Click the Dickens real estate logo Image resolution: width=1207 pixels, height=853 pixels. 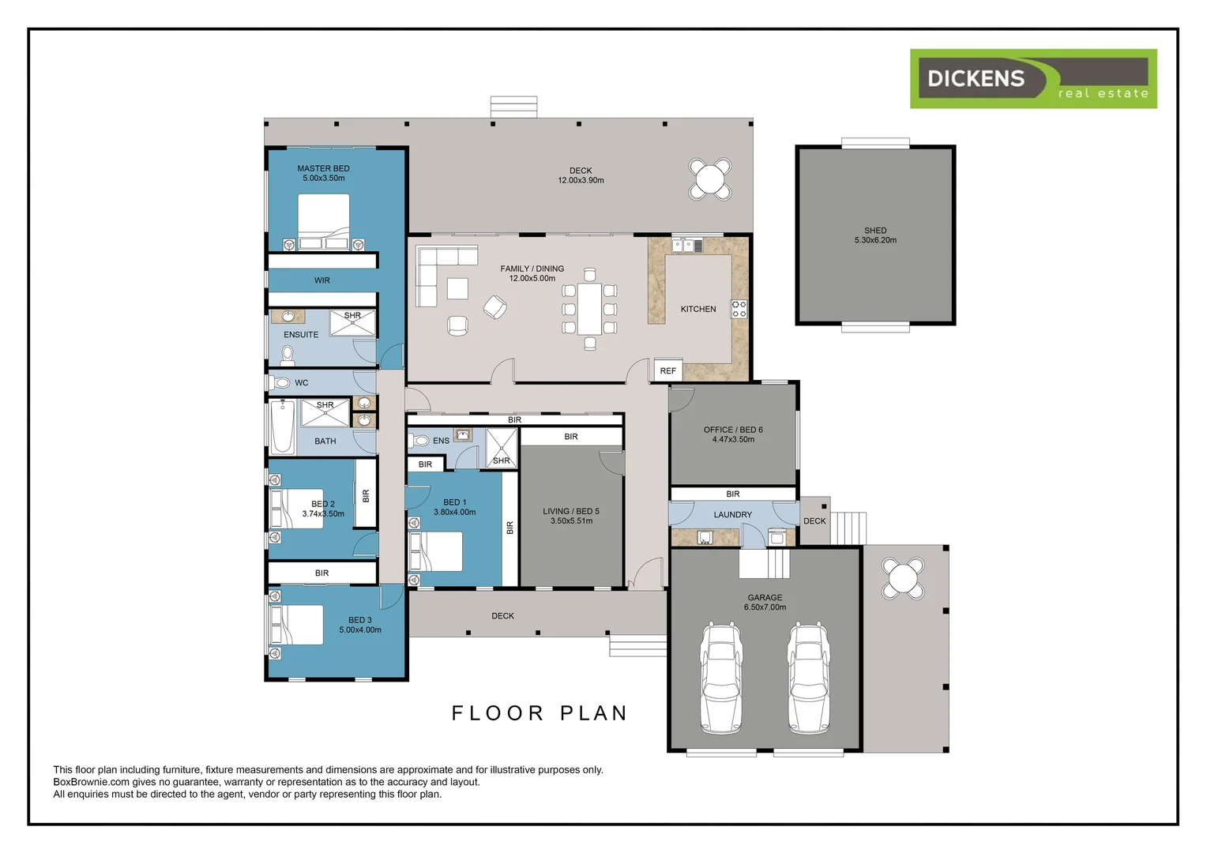point(1033,79)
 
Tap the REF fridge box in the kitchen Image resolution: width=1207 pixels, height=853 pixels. point(668,370)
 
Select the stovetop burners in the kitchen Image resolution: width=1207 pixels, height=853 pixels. point(739,309)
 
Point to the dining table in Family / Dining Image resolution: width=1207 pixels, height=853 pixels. point(589,310)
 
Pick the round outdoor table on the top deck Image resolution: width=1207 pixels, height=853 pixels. point(710,179)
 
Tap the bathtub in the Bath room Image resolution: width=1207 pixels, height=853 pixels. point(282,426)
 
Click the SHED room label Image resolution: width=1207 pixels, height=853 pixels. point(875,235)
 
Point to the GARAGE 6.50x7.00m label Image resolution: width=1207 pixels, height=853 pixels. point(765,603)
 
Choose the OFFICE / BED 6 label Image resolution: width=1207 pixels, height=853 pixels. point(733,434)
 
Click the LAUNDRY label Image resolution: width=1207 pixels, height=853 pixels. point(733,515)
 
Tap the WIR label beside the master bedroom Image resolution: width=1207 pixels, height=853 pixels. point(322,280)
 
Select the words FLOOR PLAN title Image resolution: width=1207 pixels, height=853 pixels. point(540,713)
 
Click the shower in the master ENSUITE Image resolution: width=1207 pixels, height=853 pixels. point(352,323)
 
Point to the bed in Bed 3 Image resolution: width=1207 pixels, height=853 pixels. point(296,625)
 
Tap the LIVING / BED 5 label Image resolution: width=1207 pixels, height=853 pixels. point(571,516)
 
